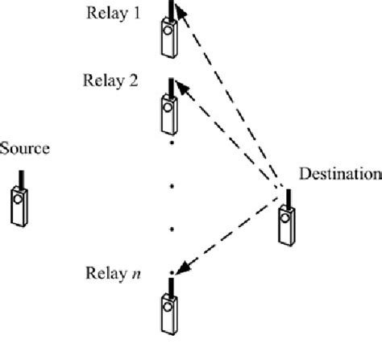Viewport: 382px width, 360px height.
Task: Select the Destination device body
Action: (x=288, y=225)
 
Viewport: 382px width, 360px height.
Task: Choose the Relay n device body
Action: (x=168, y=312)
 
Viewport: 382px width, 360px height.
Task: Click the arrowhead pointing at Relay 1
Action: (x=181, y=10)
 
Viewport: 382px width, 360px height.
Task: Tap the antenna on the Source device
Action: (x=19, y=177)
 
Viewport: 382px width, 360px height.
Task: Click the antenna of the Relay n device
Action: (x=170, y=284)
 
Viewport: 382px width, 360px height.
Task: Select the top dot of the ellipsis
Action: (x=172, y=145)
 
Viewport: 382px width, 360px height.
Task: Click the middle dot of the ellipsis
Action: (x=172, y=187)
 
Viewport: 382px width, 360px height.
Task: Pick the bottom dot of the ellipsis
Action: (x=172, y=230)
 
